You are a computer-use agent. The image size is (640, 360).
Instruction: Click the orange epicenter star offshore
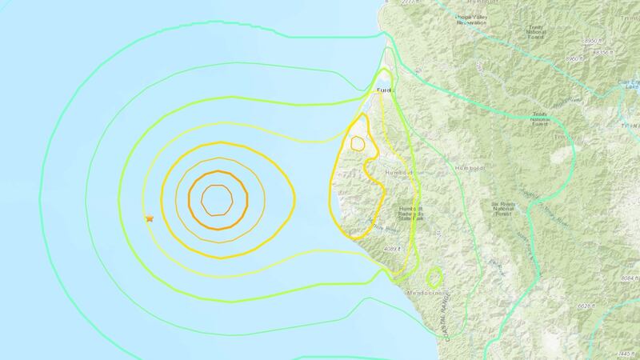149,218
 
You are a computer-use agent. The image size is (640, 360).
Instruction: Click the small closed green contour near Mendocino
434,278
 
